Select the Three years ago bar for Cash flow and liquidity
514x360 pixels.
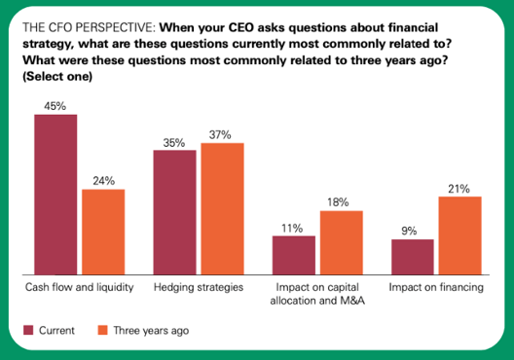tap(103, 232)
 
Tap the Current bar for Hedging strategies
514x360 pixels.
tap(174, 212)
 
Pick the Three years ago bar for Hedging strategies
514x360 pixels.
tap(222, 208)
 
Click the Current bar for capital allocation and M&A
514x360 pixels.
tap(293, 255)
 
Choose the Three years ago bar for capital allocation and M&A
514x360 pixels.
tap(341, 242)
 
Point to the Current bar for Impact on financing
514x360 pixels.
tap(412, 257)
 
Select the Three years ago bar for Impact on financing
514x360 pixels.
tap(459, 235)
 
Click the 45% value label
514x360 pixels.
tap(55, 105)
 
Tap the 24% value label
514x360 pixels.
tap(103, 180)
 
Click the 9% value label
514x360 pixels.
tap(412, 231)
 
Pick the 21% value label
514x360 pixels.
tap(459, 188)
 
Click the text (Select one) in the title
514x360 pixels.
tap(64, 86)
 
